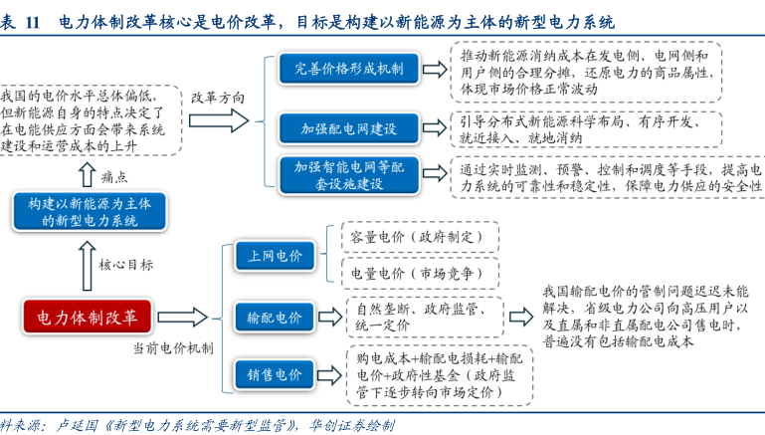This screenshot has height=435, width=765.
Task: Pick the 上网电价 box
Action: coord(274,257)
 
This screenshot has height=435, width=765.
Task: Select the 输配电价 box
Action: coord(274,318)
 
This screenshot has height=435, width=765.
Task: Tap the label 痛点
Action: coord(115,176)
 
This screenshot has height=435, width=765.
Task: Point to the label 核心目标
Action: coord(126,265)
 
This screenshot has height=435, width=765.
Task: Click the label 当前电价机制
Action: coord(171,348)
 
